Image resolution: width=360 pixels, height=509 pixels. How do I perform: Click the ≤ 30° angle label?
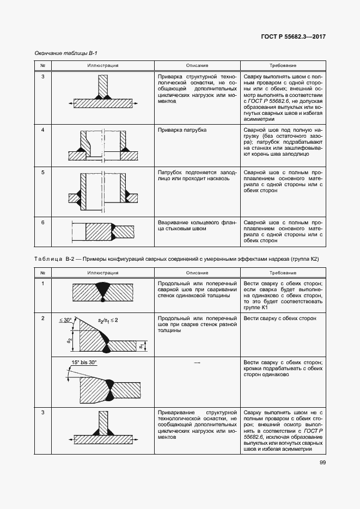tap(66, 321)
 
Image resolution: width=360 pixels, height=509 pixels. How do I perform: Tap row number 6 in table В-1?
tap(43, 223)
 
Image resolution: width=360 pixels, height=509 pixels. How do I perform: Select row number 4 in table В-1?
tap(43, 130)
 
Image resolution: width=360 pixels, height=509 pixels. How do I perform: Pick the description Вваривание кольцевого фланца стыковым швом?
tap(197, 226)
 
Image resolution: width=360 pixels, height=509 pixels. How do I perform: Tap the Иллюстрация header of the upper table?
tap(102, 65)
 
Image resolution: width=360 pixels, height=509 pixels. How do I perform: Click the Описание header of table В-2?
tap(197, 273)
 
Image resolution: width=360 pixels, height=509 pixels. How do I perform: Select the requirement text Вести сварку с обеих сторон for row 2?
tap(280, 317)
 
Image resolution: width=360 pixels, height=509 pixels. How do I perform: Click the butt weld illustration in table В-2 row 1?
tap(102, 291)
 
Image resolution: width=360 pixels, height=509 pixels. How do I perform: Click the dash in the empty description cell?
tap(197, 362)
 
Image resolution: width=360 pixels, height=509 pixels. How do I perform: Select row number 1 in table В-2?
tap(43, 284)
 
